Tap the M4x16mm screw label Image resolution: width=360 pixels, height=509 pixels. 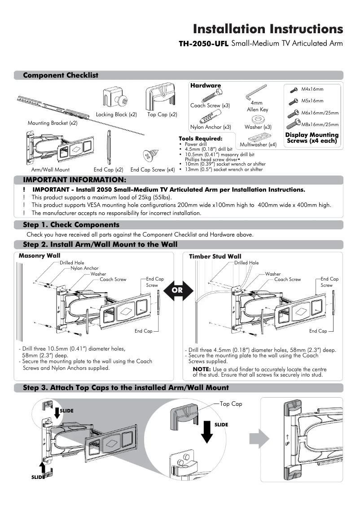click(312, 89)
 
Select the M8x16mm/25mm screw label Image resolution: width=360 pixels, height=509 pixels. click(320, 124)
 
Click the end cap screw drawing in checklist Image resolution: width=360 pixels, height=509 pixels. click(149, 156)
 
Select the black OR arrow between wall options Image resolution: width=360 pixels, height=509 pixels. click(178, 290)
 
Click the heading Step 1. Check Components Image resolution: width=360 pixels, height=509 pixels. click(71, 225)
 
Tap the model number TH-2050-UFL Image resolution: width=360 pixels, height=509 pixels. click(204, 44)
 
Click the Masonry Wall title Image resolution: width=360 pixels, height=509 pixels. click(39, 255)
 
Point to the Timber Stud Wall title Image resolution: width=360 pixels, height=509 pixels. click(215, 256)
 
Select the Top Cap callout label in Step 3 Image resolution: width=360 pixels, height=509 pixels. click(231, 404)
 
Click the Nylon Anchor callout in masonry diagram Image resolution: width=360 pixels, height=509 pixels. click(84, 268)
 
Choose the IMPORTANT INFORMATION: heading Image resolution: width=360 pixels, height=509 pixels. click(71, 180)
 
